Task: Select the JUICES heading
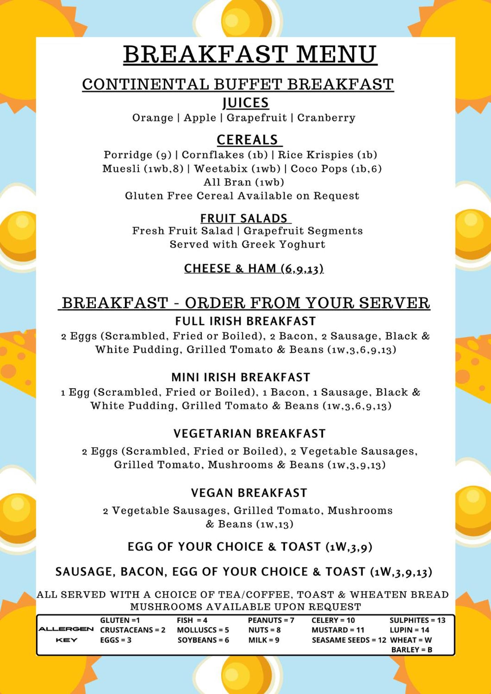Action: (x=245, y=103)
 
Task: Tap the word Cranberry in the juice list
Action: (x=326, y=118)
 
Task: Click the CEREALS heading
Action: (x=247, y=140)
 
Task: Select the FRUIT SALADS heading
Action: (x=244, y=218)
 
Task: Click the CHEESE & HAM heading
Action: (x=253, y=268)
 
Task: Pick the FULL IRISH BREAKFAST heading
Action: (x=245, y=321)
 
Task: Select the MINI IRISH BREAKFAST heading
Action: (x=241, y=377)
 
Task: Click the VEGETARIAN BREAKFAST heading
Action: (x=249, y=434)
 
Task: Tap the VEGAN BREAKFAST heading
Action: (x=249, y=493)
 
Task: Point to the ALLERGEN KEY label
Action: (x=66, y=634)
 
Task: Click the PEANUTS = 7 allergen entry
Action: (x=271, y=620)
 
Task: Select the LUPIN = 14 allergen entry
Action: (x=409, y=630)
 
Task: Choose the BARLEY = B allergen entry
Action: (x=411, y=650)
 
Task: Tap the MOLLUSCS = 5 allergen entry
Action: (x=203, y=630)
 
